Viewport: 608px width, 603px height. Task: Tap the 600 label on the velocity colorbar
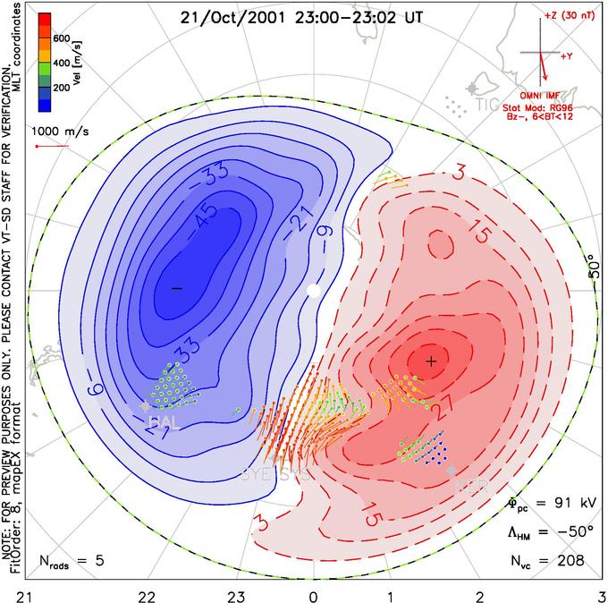(x=61, y=38)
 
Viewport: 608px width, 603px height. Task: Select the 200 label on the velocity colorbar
(x=61, y=89)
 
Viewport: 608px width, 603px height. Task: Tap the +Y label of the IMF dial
(x=567, y=56)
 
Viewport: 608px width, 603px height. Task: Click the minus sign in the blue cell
(x=176, y=287)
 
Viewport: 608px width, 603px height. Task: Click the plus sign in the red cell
(x=431, y=361)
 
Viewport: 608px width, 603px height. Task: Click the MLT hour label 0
(x=313, y=594)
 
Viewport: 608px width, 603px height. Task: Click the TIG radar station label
(x=487, y=105)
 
